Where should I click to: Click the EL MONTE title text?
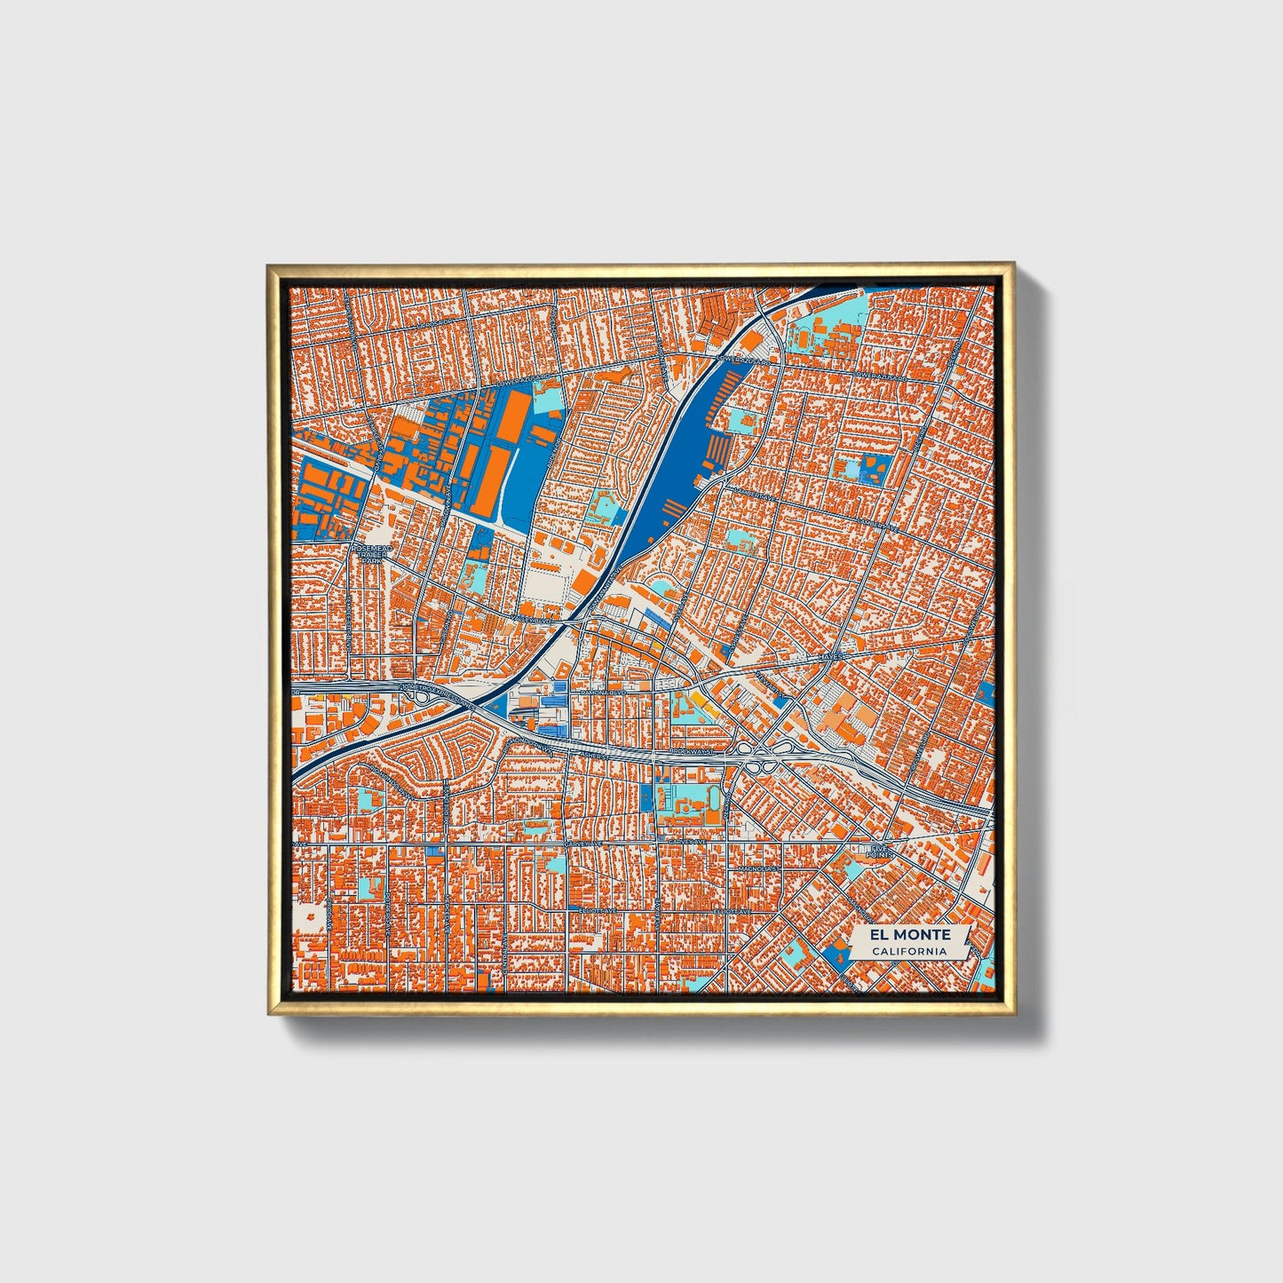[x=910, y=935]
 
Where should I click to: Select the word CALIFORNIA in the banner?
[x=910, y=952]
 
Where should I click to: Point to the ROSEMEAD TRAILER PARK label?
[x=372, y=554]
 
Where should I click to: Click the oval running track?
[x=714, y=798]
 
